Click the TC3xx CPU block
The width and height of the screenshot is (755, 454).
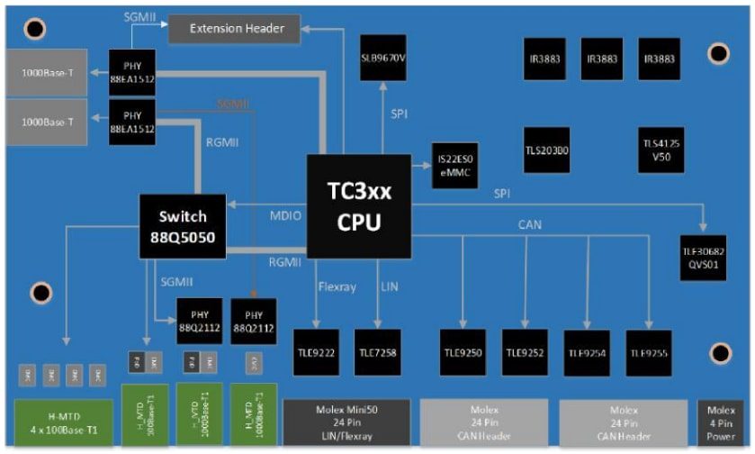pos(358,206)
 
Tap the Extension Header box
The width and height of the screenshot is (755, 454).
pos(238,29)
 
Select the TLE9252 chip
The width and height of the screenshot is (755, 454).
pos(526,351)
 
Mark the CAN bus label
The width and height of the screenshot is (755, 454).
pos(530,224)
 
